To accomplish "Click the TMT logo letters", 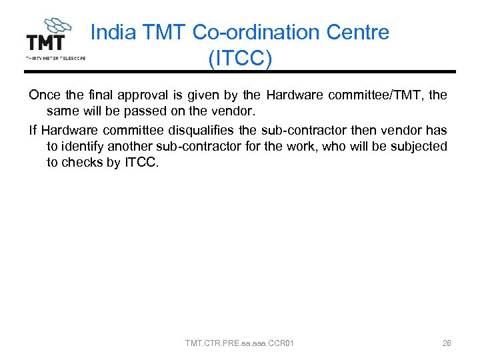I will (45, 43).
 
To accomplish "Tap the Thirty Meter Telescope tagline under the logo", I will (55, 58).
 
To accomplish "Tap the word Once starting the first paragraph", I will (43, 95).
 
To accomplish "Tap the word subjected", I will (421, 146).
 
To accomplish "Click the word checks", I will (83, 163).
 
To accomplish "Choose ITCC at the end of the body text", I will (141, 163).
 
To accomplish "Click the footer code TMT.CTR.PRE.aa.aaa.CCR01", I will (239, 343).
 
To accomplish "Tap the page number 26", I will (447, 343).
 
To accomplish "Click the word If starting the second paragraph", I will (33, 129).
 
